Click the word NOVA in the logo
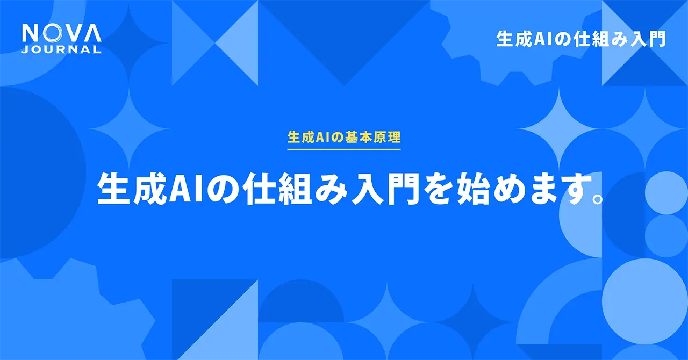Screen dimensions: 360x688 pos(61,34)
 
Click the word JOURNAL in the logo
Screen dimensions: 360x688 pos(61,49)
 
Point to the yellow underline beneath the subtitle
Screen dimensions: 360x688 pos(344,148)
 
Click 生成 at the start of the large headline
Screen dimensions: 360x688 pos(133,189)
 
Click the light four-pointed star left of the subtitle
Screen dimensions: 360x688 pos(129,129)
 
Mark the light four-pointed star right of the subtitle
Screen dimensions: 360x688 pos(559,129)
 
